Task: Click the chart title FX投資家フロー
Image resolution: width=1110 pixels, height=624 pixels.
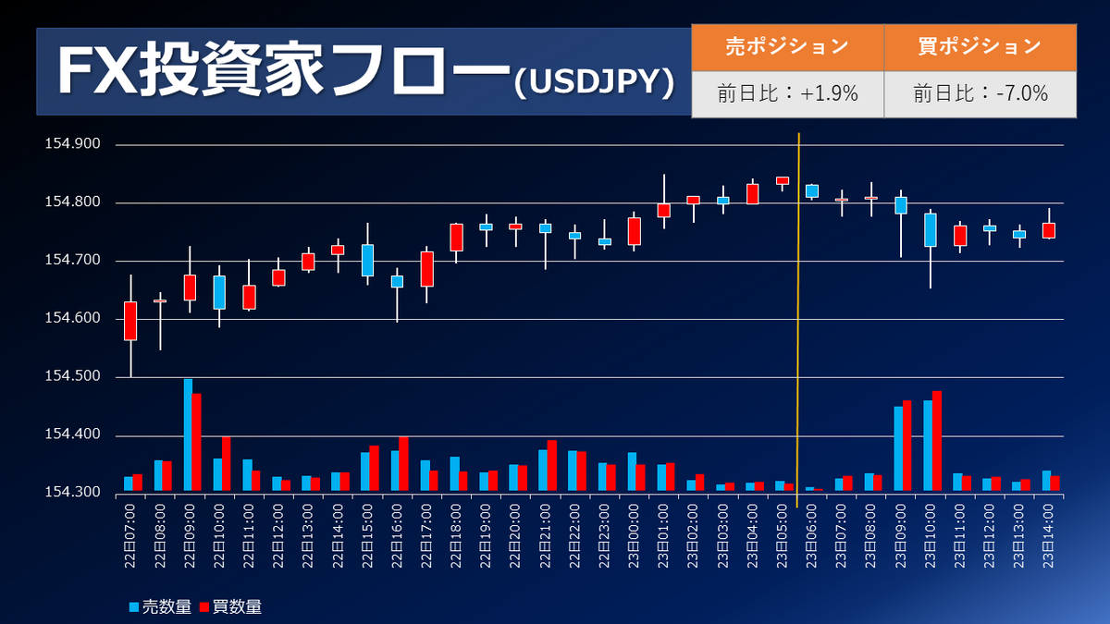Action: (282, 70)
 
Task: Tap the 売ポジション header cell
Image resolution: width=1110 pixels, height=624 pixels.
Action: (787, 46)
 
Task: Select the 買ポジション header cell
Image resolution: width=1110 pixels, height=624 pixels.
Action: (980, 46)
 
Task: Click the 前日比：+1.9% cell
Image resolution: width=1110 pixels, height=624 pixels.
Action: (787, 93)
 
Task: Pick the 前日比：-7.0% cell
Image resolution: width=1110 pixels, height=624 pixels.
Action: (980, 93)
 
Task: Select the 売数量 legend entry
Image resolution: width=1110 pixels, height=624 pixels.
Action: (161, 606)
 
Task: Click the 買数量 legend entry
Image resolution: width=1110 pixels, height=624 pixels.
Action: (231, 606)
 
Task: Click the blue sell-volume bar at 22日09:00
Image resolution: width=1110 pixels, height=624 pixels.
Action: (188, 434)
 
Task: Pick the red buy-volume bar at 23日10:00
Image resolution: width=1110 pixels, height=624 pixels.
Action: (937, 441)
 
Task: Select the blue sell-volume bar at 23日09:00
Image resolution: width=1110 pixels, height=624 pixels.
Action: (898, 448)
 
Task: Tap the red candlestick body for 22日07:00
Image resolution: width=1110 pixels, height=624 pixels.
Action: (130, 321)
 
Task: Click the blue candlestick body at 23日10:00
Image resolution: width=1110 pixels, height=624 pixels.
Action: (930, 230)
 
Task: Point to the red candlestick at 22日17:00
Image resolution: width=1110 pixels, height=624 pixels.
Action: (426, 269)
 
